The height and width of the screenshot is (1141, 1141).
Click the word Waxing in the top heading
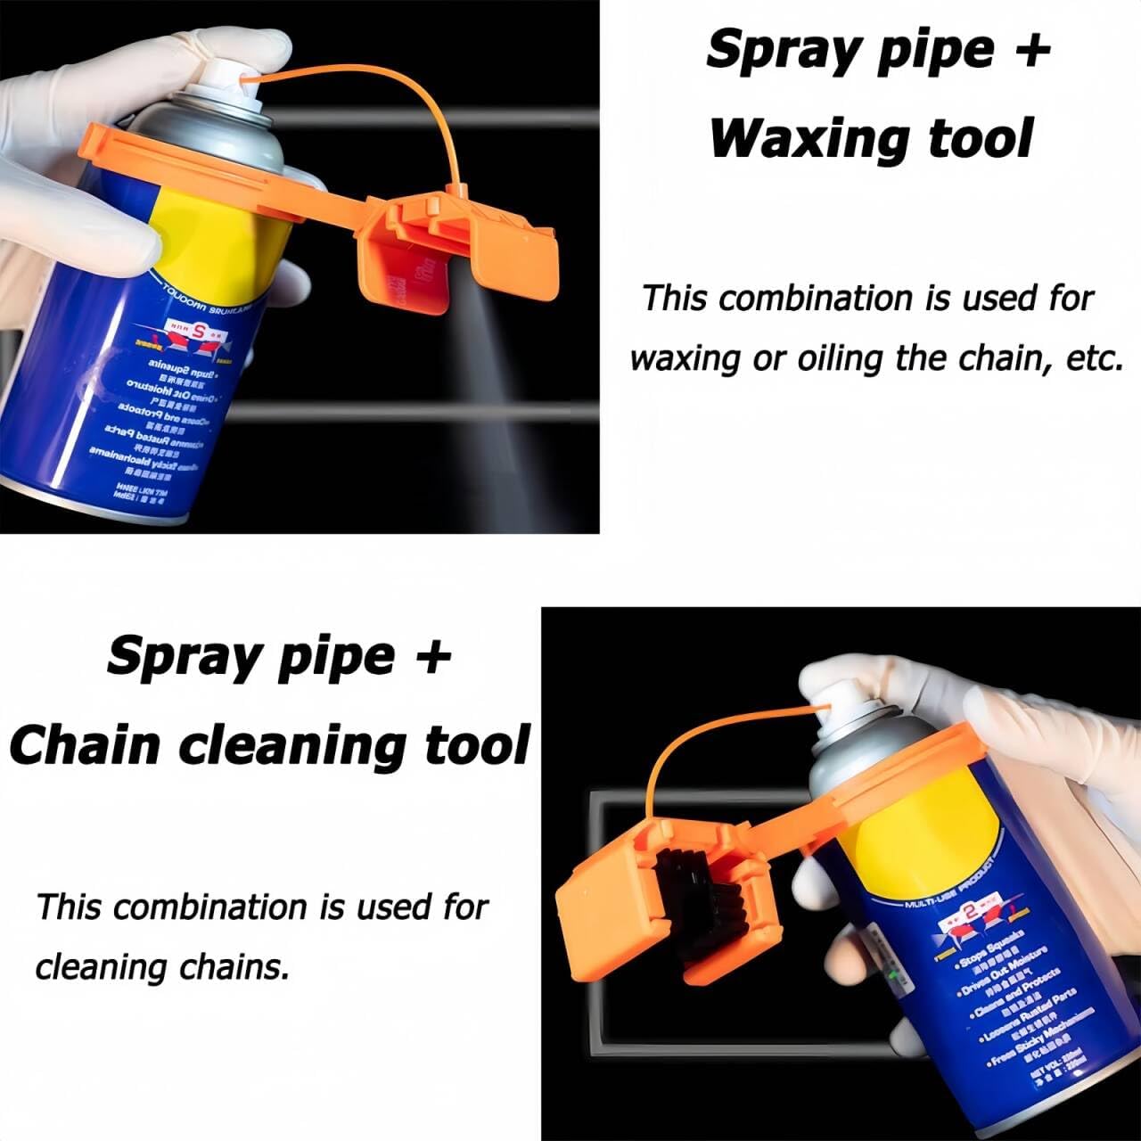click(808, 139)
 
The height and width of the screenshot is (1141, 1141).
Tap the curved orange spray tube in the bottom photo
click(677, 758)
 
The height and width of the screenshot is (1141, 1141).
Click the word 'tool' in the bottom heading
click(477, 745)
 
